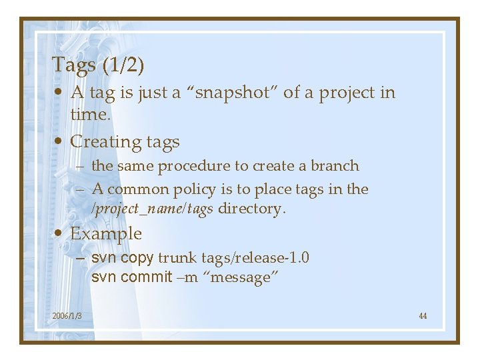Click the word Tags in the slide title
coord(73,65)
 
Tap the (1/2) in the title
coord(122,65)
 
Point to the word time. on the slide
coord(90,114)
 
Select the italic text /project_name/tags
coord(152,209)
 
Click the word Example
coord(106,234)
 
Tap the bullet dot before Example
coord(60,234)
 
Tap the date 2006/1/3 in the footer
coord(67,315)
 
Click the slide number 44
coord(423,315)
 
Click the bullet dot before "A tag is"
coord(60,93)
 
